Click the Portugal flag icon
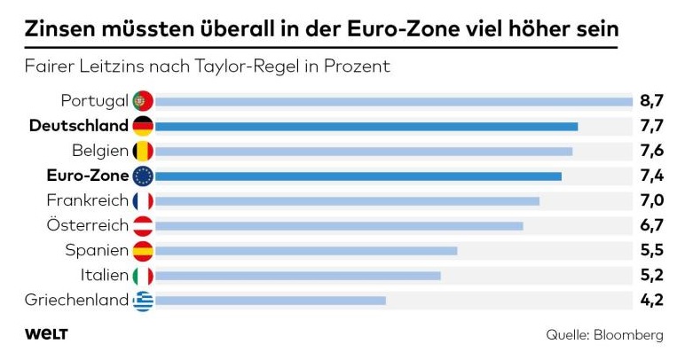point(143,100)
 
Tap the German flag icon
point(143,126)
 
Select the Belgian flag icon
point(143,151)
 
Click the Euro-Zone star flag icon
point(143,176)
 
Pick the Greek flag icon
point(143,301)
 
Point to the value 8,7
point(652,101)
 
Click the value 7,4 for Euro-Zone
point(652,176)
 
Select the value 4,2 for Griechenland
point(652,301)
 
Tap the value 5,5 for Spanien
point(652,251)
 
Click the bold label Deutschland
point(78,126)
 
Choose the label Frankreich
point(87,200)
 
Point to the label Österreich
point(87,226)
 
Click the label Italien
point(104,276)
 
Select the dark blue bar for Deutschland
point(366,126)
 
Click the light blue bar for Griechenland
point(270,301)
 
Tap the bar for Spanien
point(305,251)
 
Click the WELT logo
point(46,334)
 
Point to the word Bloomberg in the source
point(629,335)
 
